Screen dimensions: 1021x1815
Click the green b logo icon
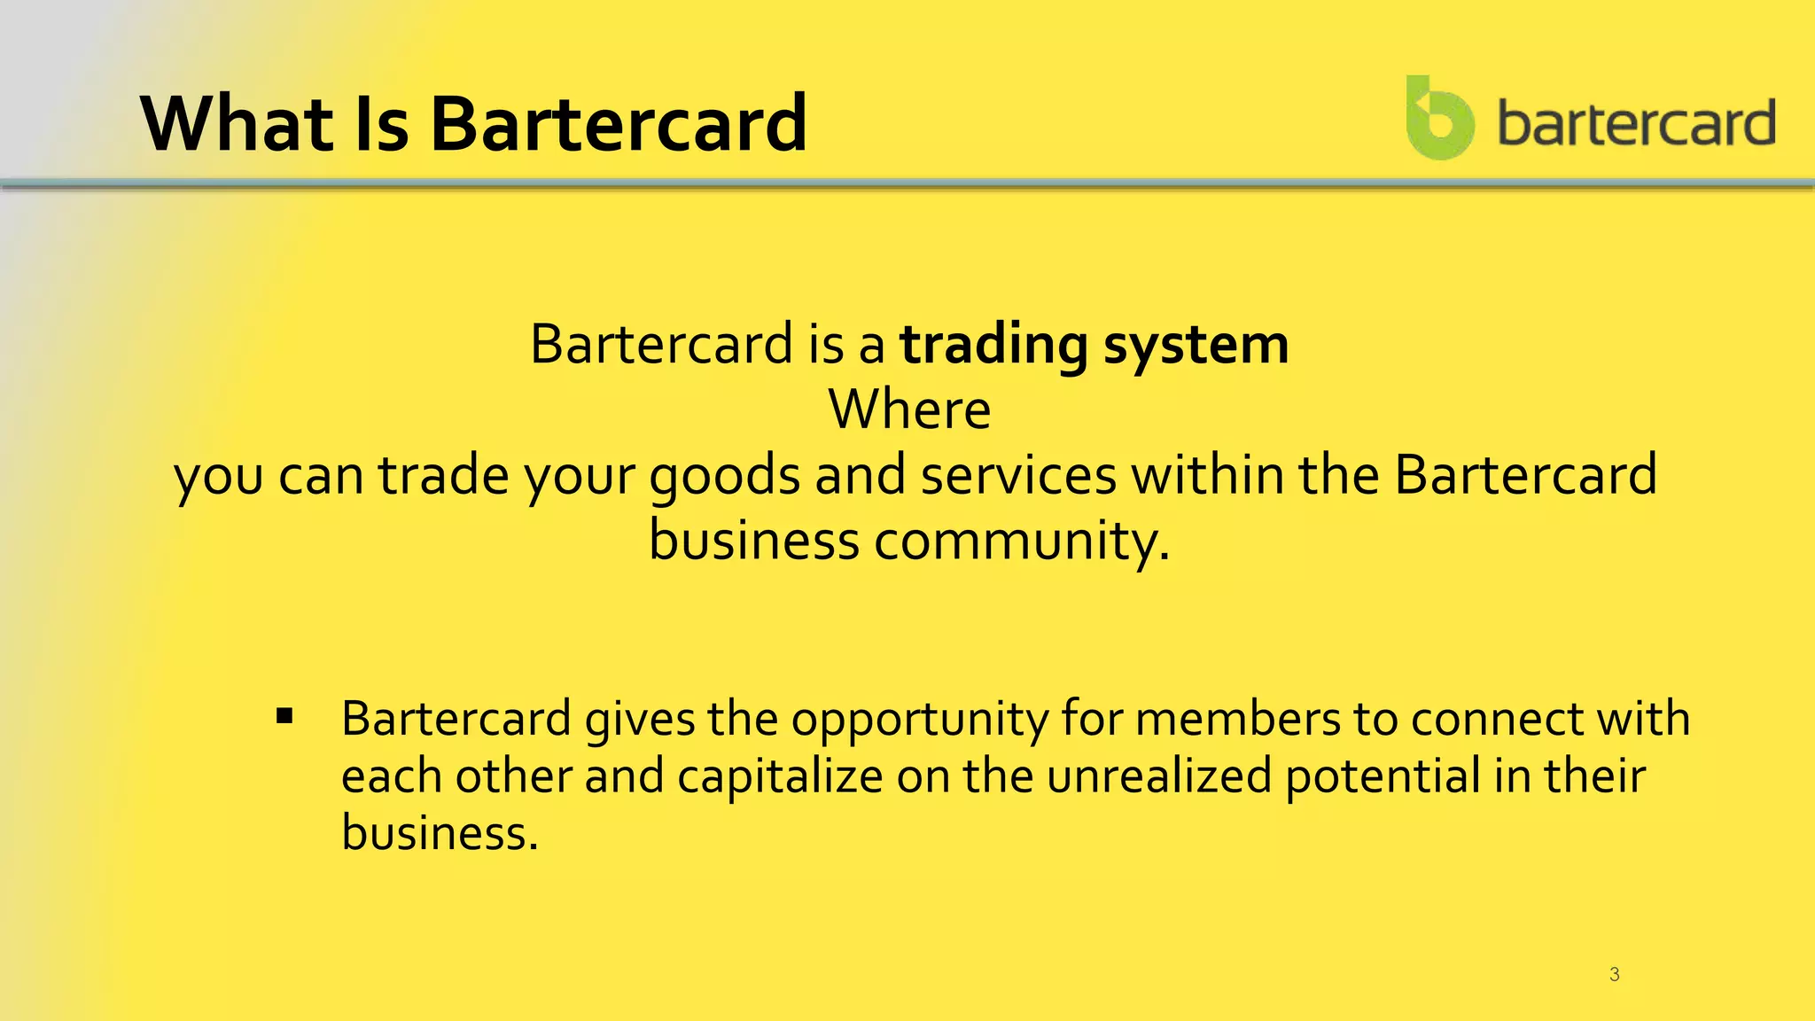coord(1439,119)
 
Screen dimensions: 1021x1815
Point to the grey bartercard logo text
coord(1636,122)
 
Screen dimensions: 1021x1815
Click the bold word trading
coord(993,345)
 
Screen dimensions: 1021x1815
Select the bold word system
coord(1196,345)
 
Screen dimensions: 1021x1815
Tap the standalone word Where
coord(909,409)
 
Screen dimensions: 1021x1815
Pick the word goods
coord(725,476)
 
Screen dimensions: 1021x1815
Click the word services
coord(1018,476)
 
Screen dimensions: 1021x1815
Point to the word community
coord(1022,541)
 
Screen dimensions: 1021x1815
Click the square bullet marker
coord(284,716)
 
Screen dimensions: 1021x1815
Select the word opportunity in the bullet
coord(919,719)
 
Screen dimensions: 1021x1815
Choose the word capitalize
coord(780,776)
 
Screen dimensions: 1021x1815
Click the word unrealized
coord(1158,776)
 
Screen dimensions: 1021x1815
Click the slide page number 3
coord(1614,975)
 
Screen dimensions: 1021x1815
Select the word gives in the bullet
coord(639,719)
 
